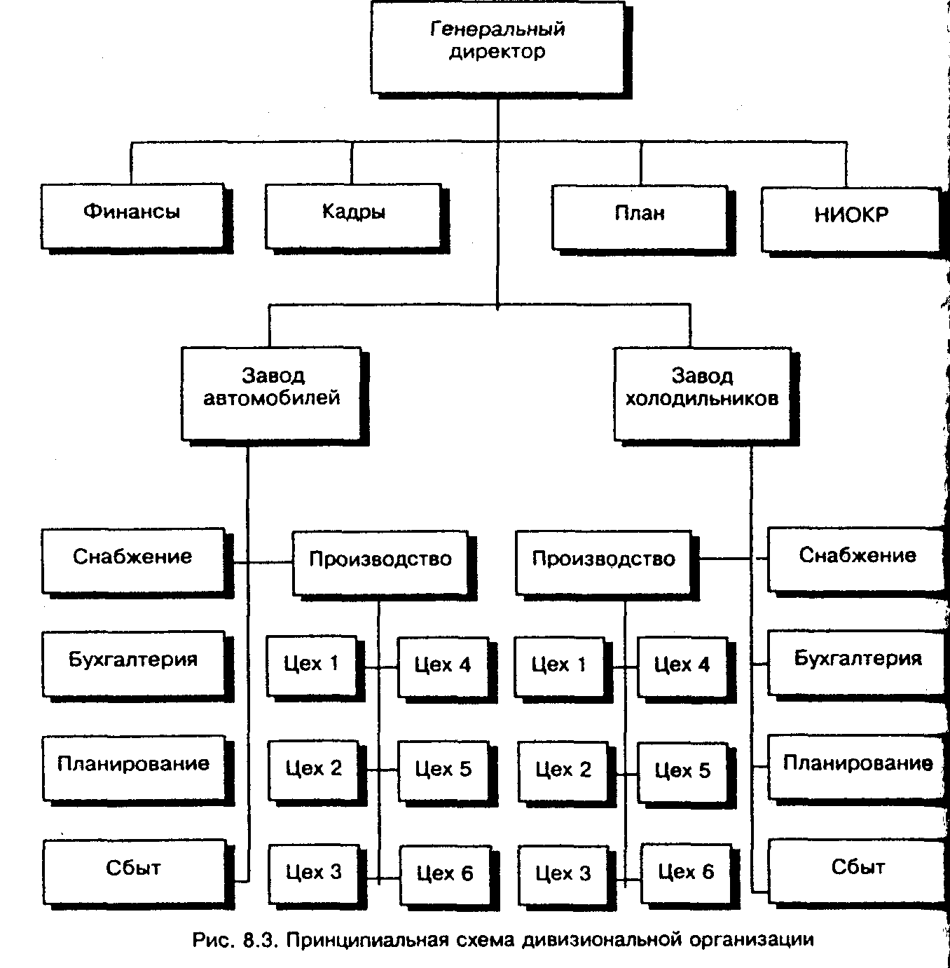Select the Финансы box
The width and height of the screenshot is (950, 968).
132,215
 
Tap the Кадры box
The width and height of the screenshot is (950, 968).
353,215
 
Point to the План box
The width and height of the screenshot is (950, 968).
640,217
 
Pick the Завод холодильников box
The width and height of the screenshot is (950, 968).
702,393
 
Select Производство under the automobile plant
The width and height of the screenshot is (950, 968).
380,562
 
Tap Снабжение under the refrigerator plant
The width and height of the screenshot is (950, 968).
857,559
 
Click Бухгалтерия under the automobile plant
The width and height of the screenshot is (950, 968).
133,662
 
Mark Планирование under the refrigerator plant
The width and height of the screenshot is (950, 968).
857,765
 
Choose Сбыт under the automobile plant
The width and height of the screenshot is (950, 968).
133,871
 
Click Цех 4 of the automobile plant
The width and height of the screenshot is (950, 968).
443,667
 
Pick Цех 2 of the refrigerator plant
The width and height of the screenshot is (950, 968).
563,772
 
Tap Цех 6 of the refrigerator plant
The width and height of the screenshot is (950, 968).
686,875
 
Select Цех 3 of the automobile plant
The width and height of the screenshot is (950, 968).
314,875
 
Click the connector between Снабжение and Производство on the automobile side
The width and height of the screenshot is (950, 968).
263,562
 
